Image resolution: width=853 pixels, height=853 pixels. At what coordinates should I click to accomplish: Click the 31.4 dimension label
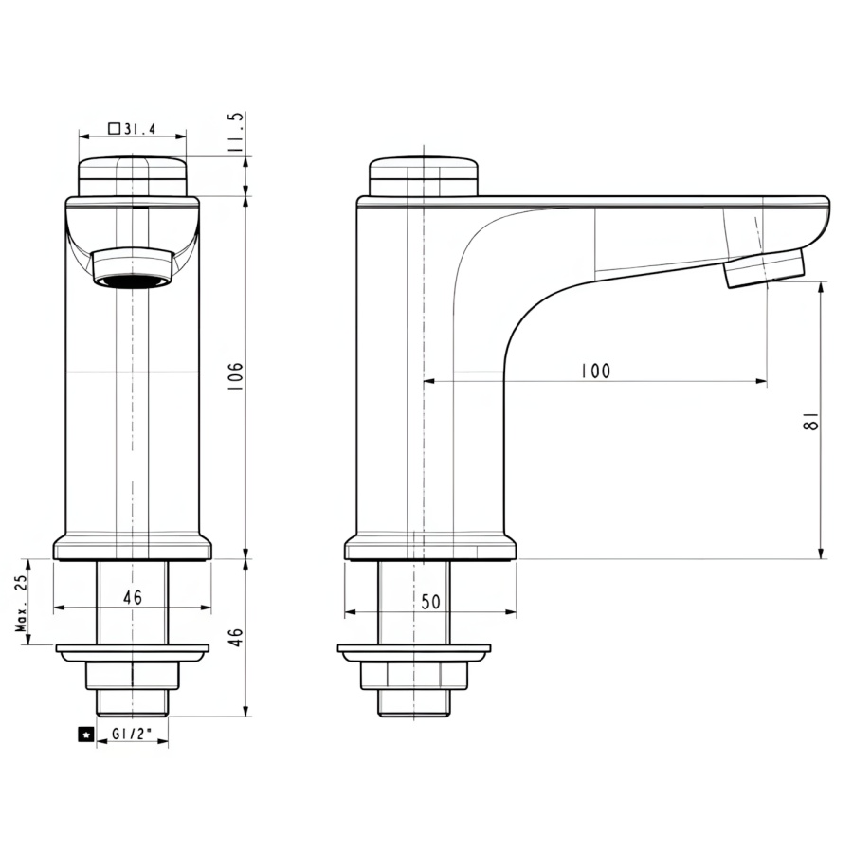tap(140, 129)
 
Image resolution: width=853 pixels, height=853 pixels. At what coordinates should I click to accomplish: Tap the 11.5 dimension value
tap(236, 132)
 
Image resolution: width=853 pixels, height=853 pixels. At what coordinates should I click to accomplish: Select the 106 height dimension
tap(236, 377)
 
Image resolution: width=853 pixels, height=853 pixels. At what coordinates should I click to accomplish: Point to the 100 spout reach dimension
tap(596, 371)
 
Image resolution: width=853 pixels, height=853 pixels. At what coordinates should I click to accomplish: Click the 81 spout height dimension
tap(810, 421)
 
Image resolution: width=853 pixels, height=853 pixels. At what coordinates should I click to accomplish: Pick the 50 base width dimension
tap(430, 602)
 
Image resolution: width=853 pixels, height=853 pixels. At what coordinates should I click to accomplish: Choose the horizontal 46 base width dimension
tap(132, 597)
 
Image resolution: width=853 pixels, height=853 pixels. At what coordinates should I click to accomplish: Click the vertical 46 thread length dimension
tap(236, 637)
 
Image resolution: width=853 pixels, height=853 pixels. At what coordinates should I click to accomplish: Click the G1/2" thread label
tap(131, 734)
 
